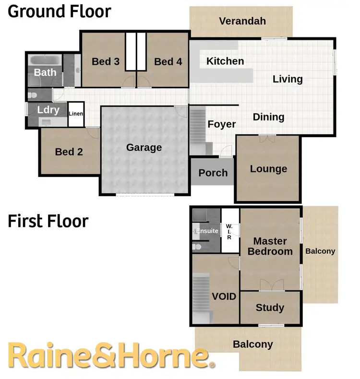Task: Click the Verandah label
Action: (x=242, y=21)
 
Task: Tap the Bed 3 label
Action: (x=106, y=61)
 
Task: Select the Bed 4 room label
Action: (x=168, y=61)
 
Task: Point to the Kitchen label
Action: (x=225, y=61)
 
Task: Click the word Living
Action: (x=288, y=79)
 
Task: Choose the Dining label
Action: (x=268, y=117)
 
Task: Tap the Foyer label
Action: (x=221, y=124)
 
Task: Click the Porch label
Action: (x=213, y=173)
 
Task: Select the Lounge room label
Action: (x=268, y=169)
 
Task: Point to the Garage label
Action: (x=144, y=148)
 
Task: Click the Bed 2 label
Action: (x=69, y=152)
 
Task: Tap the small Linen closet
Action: (x=76, y=114)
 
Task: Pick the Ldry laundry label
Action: (x=48, y=110)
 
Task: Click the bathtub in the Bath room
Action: (x=45, y=61)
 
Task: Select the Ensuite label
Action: (x=207, y=231)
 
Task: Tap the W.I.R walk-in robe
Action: (x=229, y=231)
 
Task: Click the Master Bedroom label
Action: (x=270, y=246)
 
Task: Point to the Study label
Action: (x=270, y=308)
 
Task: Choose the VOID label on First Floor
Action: (x=224, y=296)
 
